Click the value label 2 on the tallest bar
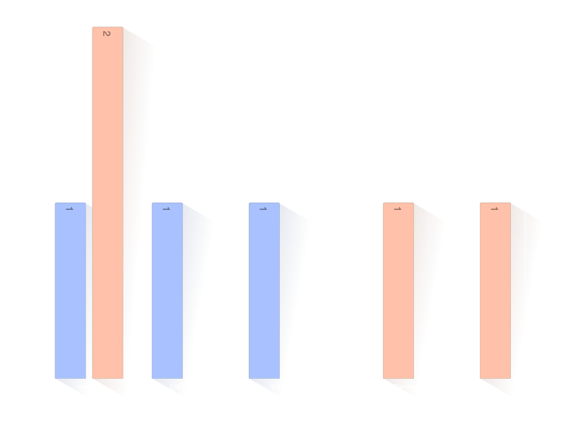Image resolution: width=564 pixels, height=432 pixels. pyautogui.click(x=106, y=33)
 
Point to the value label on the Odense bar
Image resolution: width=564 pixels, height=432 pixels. pyautogui.click(x=263, y=209)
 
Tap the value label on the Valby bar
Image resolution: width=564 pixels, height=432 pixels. pyautogui.click(x=494, y=209)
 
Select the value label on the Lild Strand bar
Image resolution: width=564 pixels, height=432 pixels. pyautogui.click(x=166, y=209)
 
